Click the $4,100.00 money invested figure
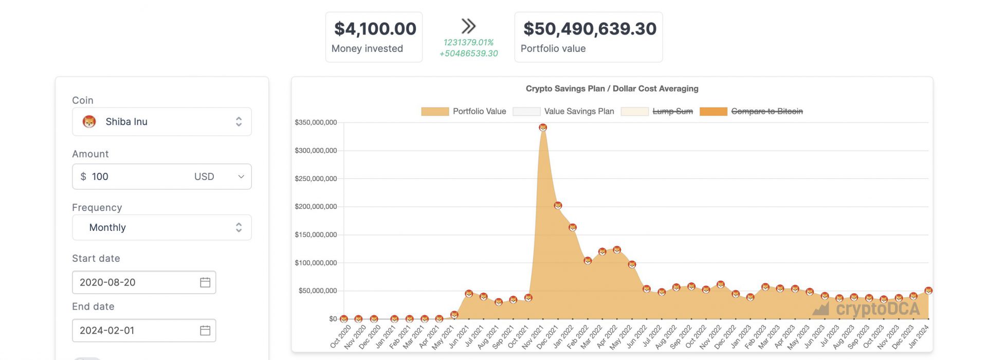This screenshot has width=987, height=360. point(375,29)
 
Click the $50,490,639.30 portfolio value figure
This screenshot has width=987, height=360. point(590,29)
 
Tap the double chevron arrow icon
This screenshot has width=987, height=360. point(468,26)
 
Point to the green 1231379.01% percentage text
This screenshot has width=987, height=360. point(468,42)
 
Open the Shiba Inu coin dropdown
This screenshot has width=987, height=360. point(161,122)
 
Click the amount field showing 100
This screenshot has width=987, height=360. point(134,176)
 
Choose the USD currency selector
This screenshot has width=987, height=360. point(218,176)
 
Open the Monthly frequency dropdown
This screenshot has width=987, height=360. point(161,227)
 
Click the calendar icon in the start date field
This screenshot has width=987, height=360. point(205,282)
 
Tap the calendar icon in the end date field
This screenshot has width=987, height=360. point(205,330)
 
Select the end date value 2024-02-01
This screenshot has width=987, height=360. point(107,330)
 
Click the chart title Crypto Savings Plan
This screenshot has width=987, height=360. point(612,88)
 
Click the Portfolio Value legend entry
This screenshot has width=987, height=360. point(463,111)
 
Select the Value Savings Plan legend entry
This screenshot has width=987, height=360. point(563,111)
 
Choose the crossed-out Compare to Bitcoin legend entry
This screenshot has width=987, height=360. point(751,111)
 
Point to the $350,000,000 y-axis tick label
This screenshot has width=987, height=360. point(316,122)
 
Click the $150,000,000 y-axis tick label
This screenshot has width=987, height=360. point(316,235)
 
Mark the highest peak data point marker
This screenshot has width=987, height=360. point(543,127)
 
